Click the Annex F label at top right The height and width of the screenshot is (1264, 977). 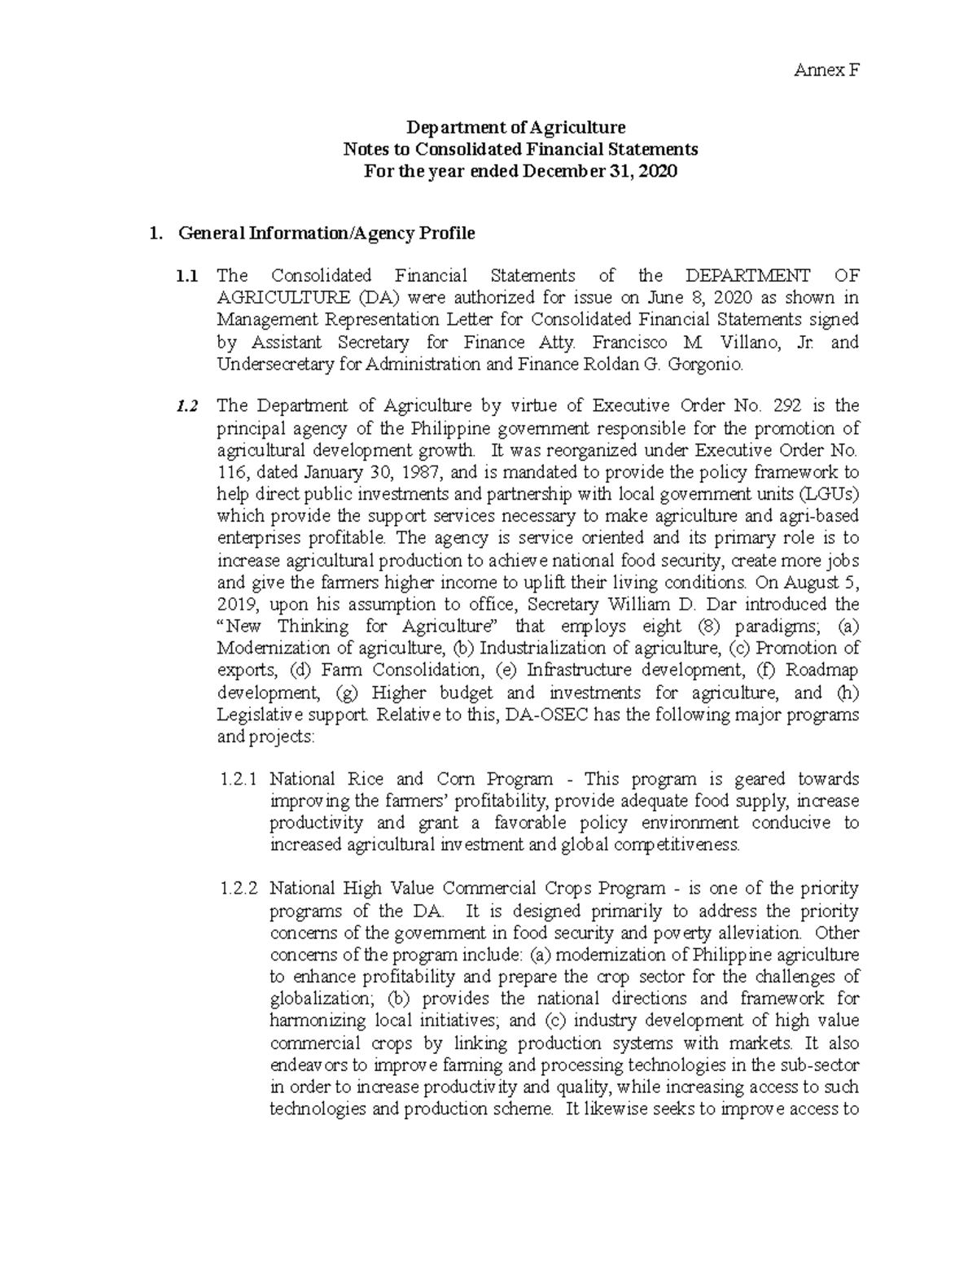pyautogui.click(x=826, y=70)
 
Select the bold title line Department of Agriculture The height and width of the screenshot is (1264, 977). pyautogui.click(x=515, y=127)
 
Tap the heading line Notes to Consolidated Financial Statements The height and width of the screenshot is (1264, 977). pyautogui.click(x=520, y=150)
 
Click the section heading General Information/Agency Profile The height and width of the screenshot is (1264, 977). pyautogui.click(x=326, y=234)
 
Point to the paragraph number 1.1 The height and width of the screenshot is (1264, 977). pyautogui.click(x=186, y=276)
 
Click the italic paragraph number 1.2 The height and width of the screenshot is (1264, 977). pyautogui.click(x=186, y=406)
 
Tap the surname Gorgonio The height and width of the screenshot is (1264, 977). pyautogui.click(x=704, y=364)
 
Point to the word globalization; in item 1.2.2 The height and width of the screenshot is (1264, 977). pyautogui.click(x=322, y=999)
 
